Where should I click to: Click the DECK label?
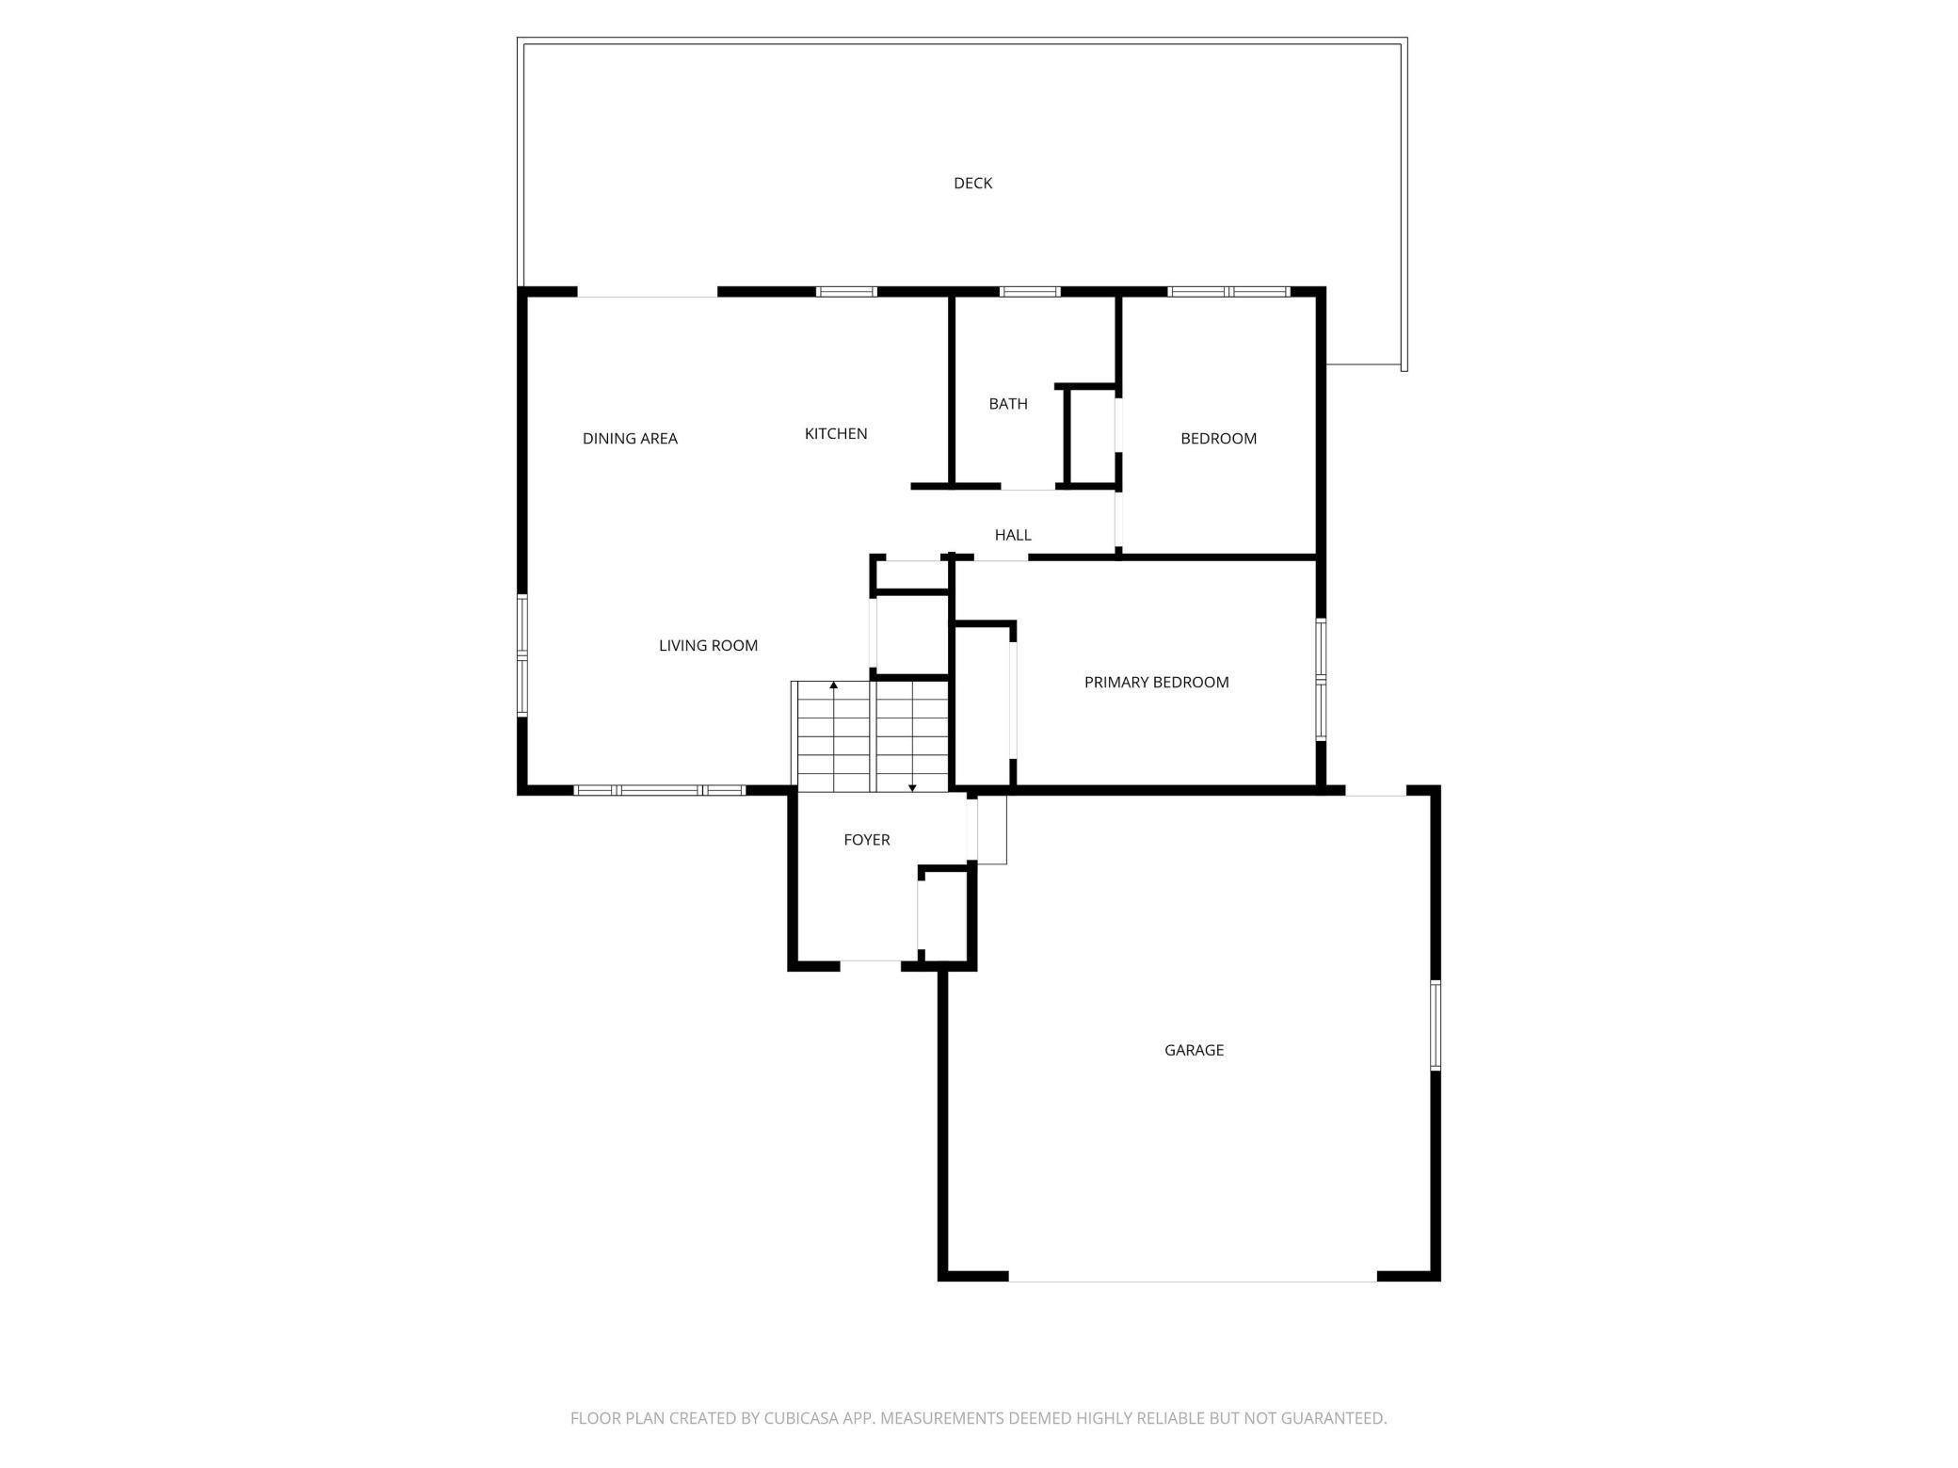click(972, 183)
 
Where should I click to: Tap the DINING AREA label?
click(630, 438)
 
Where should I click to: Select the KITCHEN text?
click(835, 433)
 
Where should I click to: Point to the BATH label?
click(1007, 403)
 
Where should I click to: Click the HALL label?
click(1013, 535)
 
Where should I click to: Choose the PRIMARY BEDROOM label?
click(1156, 682)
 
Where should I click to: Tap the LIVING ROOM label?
click(708, 645)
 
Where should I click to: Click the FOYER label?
click(866, 839)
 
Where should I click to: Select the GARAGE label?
click(1194, 1049)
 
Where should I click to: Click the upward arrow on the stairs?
click(833, 686)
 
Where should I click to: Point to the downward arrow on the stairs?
click(912, 786)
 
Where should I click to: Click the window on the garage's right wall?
click(1436, 1024)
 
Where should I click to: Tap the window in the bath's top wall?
click(1030, 292)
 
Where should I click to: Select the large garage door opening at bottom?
click(1193, 1276)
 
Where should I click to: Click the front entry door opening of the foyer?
click(871, 964)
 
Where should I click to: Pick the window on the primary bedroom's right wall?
click(1321, 678)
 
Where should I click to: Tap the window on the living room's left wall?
click(522, 655)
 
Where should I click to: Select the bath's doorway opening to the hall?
click(1027, 487)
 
